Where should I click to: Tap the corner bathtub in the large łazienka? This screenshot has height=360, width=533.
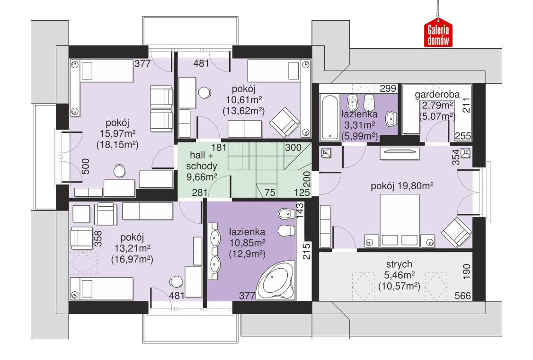coord(275,282)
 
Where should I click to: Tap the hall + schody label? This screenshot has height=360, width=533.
coord(203,161)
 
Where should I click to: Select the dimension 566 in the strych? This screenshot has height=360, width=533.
coord(462,296)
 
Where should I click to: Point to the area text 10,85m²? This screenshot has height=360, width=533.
coord(247,243)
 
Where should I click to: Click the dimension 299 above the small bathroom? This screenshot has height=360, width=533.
coord(388,88)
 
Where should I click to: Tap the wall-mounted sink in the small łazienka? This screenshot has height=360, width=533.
coord(391,119)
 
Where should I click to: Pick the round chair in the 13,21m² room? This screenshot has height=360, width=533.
coord(176,281)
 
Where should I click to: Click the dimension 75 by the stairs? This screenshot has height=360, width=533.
coord(271,193)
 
